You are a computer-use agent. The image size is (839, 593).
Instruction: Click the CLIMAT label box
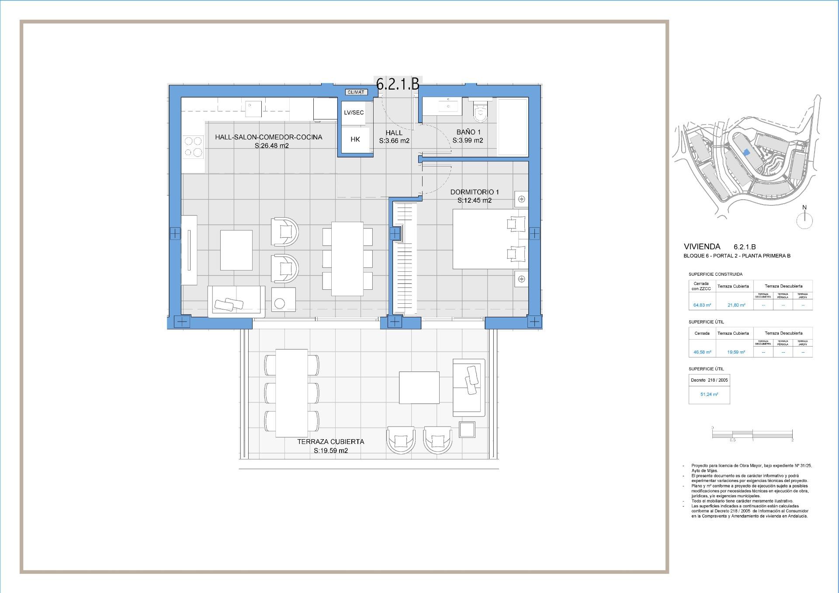(356, 92)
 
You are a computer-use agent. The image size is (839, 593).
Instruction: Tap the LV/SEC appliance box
(354, 113)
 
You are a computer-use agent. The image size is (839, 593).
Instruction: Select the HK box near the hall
(355, 139)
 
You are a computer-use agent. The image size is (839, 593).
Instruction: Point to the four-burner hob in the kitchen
(193, 147)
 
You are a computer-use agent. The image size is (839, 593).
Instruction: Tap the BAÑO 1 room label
(468, 132)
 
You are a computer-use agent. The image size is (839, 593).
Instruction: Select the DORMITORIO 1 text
(475, 192)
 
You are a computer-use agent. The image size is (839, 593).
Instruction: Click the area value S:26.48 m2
(272, 146)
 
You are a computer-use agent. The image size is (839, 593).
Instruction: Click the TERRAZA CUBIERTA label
(330, 442)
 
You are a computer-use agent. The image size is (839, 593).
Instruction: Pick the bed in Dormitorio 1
(489, 239)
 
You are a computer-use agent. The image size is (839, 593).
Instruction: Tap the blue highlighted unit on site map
(746, 152)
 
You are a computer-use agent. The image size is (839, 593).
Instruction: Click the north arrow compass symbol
(804, 220)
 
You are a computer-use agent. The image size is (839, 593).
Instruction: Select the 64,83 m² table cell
(702, 305)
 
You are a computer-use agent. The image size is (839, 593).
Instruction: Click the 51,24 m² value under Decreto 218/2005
(709, 394)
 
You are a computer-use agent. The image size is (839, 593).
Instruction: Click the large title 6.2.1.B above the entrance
(398, 84)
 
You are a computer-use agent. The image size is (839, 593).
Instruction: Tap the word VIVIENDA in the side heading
(702, 247)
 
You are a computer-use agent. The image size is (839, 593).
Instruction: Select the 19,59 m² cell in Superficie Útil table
(736, 352)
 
